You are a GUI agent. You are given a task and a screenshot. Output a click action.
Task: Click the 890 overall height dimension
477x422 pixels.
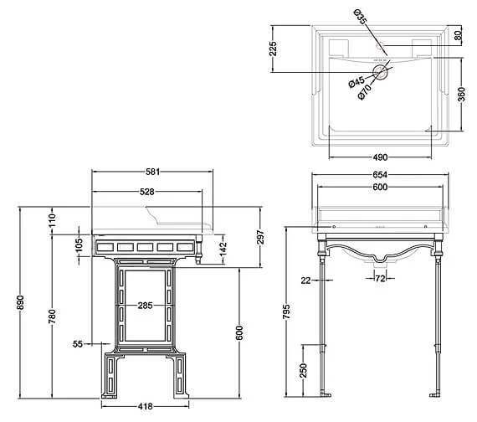tap(20, 302)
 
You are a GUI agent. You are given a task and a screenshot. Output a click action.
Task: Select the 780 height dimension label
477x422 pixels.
tap(52, 316)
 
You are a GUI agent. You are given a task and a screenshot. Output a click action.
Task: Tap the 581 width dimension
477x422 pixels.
tap(152, 172)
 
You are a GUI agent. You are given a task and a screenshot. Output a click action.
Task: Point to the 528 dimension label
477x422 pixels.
tap(147, 192)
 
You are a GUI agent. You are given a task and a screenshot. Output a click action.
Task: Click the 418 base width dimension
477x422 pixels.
tap(145, 406)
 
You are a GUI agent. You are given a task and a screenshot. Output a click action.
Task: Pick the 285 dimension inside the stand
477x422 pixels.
tap(145, 305)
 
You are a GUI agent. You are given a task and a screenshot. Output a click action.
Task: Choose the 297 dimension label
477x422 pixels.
tap(260, 237)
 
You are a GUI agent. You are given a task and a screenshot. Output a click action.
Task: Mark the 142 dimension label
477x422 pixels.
tap(223, 249)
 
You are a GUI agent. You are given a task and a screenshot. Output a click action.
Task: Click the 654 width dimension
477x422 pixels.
tap(380, 174)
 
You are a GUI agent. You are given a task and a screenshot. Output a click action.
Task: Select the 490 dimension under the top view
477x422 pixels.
tap(380, 157)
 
